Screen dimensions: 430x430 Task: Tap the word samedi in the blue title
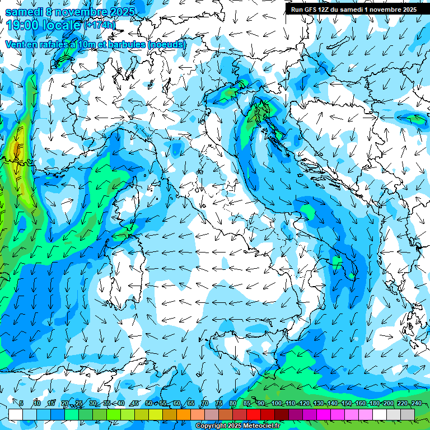click(24, 11)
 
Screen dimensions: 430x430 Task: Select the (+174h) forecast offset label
click(100, 25)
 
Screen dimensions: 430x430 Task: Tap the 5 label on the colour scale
click(21, 404)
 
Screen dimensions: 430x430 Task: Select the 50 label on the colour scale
click(148, 404)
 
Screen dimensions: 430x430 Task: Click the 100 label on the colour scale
click(277, 404)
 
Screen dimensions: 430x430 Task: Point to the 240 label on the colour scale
click(415, 404)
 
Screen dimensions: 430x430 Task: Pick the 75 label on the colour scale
click(218, 404)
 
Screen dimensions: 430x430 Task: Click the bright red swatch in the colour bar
click(254, 414)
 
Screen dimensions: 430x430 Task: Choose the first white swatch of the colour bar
click(16, 414)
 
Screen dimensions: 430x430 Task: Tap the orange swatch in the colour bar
click(170, 414)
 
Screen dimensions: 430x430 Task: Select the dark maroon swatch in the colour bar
click(282, 414)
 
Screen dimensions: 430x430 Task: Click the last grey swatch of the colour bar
click(408, 414)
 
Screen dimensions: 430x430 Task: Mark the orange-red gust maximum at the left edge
click(16, 149)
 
